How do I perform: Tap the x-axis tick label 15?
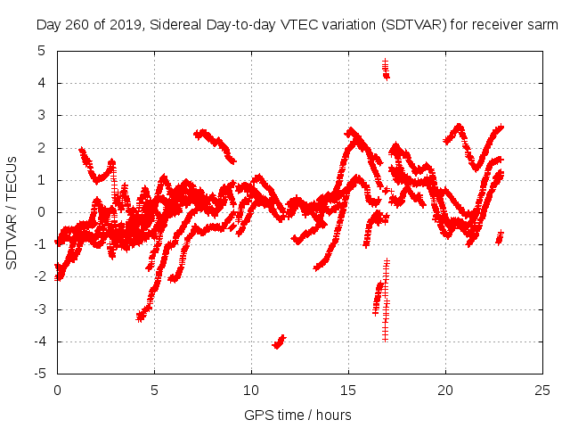coord(348,391)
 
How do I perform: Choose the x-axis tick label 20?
coord(445,391)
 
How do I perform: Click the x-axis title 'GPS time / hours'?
coord(297,415)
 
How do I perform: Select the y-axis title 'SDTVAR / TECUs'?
coord(12,212)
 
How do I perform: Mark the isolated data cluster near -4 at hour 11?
coord(279,342)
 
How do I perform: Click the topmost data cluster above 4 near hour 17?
coord(386,69)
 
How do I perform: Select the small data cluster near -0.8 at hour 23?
coord(500,237)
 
